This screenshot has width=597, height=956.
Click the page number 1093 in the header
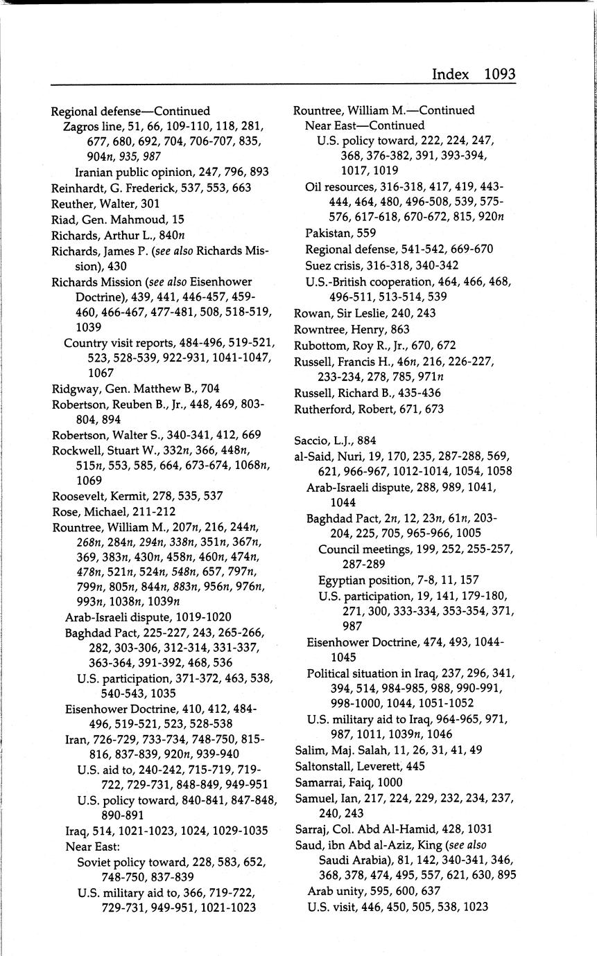[499, 74]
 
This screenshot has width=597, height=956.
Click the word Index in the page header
[450, 74]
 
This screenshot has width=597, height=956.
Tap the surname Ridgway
[73, 389]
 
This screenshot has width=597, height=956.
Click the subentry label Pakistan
[329, 233]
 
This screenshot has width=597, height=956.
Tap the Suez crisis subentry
[336, 265]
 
